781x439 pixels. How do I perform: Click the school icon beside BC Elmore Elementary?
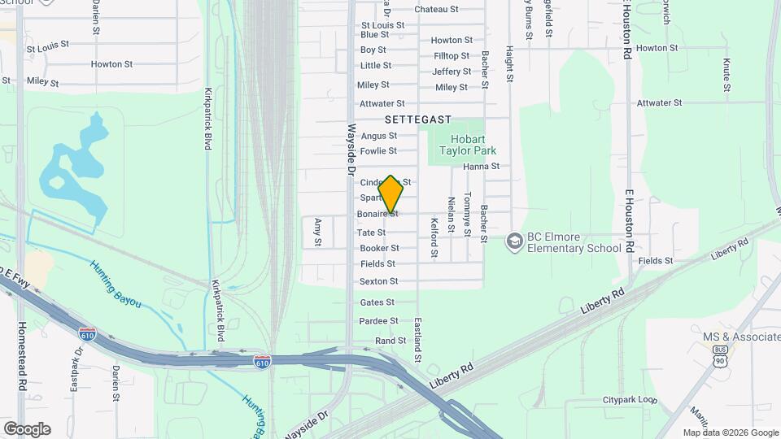pyautogui.click(x=513, y=241)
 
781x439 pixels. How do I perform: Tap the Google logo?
pyautogui.click(x=27, y=428)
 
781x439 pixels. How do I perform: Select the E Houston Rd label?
pyautogui.click(x=628, y=220)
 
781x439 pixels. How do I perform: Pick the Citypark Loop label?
pyautogui.click(x=630, y=400)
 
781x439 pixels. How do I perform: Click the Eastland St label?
pyautogui.click(x=417, y=340)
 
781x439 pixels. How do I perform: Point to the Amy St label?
pyautogui.click(x=318, y=232)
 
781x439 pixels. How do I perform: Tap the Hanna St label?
pyautogui.click(x=481, y=167)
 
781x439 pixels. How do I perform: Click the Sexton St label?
pyautogui.click(x=378, y=281)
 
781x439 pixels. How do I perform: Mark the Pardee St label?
pyautogui.click(x=378, y=321)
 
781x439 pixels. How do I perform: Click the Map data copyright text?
pyautogui.click(x=731, y=432)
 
